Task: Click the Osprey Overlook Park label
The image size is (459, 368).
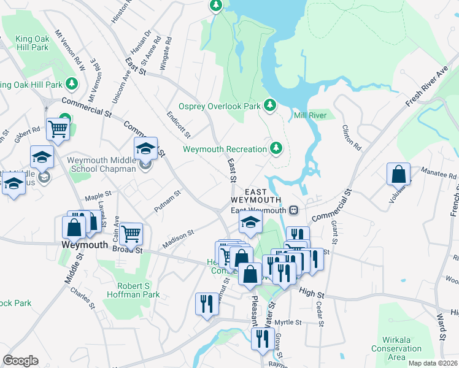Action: (220, 106)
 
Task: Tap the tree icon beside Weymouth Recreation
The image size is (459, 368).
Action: (276, 148)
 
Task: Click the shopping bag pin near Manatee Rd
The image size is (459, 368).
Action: (398, 174)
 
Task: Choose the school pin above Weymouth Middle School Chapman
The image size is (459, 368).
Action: (145, 148)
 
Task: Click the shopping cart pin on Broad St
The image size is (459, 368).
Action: (131, 233)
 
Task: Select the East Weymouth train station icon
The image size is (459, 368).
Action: (294, 210)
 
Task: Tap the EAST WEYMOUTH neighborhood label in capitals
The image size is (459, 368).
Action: (256, 195)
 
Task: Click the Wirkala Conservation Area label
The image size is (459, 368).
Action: (396, 353)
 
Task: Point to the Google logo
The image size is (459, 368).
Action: (20, 361)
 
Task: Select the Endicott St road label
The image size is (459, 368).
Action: (179, 125)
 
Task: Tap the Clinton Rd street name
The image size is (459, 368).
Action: (351, 139)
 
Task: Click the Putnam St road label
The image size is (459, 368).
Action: (168, 201)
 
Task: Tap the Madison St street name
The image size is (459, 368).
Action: (178, 239)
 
